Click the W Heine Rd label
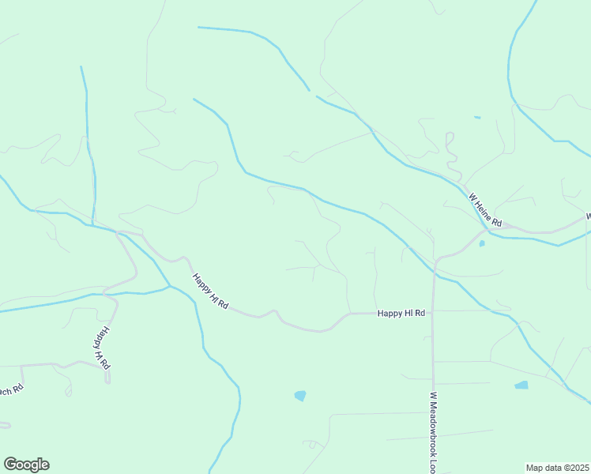tap(485, 210)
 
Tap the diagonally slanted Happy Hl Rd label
tap(209, 292)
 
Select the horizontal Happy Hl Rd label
tap(401, 313)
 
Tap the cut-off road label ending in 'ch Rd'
tap(11, 390)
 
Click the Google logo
tap(26, 465)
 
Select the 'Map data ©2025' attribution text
tap(558, 468)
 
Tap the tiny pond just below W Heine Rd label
tap(481, 243)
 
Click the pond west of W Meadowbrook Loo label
tap(299, 395)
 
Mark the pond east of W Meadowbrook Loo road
tap(521, 386)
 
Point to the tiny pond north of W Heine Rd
tap(476, 118)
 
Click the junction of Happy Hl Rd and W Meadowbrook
tap(433, 313)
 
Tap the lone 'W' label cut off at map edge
tap(587, 215)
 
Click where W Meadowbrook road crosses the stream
tap(434, 272)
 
